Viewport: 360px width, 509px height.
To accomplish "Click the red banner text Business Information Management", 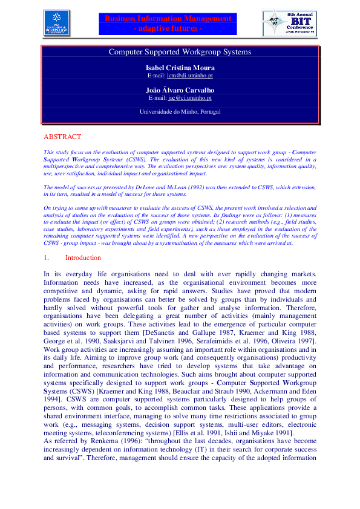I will (168, 19).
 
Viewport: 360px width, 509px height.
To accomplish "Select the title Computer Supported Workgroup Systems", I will (180, 52).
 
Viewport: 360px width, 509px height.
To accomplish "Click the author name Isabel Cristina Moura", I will (180, 68).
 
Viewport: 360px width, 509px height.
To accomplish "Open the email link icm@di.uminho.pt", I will (189, 76).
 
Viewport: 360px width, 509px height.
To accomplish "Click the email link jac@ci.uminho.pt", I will (189, 97).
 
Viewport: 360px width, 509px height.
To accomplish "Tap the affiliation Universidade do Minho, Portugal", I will (180, 112).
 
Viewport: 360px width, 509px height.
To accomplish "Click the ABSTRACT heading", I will (62, 137).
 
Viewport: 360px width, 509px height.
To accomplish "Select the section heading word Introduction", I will (83, 258).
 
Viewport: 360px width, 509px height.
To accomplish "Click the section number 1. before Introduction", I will (47, 258).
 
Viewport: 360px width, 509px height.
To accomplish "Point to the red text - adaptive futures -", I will (168, 28).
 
